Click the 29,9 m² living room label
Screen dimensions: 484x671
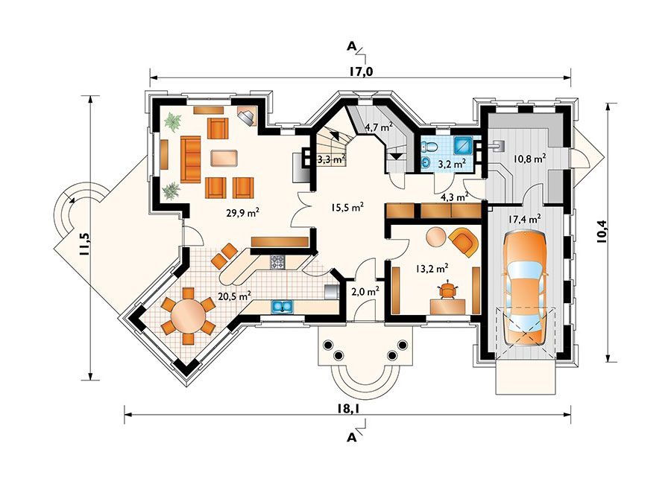pos(242,212)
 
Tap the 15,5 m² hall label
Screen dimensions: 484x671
pos(347,208)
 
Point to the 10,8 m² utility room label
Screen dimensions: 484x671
pos(529,158)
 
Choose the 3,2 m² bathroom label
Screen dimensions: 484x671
pos(452,162)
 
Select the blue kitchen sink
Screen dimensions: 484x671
pos(282,305)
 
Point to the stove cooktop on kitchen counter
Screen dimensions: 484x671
pos(277,261)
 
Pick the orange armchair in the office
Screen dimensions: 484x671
pos(463,241)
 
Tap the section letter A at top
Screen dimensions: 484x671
pos(352,46)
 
